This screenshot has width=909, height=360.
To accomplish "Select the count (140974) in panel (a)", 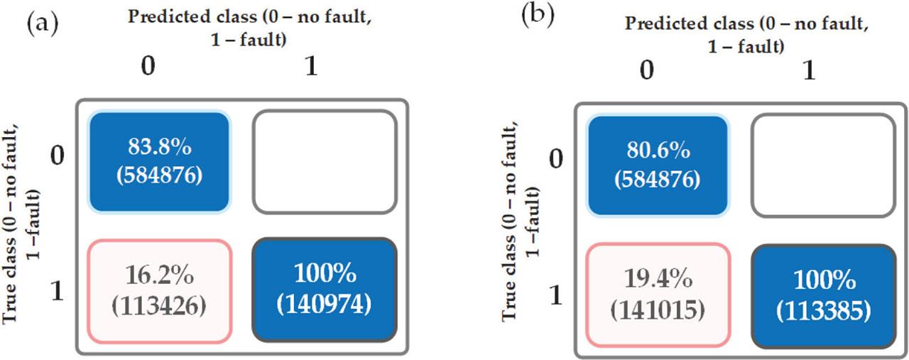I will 324,305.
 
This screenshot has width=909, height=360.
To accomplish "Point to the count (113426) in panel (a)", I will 159,306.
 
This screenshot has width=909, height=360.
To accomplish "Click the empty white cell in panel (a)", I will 324,162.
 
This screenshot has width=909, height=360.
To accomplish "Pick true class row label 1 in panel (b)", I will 557,293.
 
